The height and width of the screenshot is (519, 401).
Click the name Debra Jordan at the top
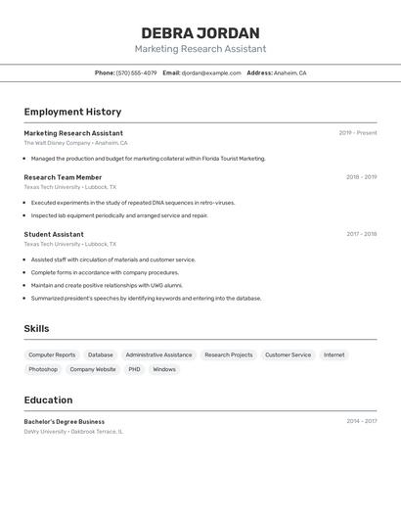200,32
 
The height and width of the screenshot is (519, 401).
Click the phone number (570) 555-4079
136,72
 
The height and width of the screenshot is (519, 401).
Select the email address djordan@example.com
210,72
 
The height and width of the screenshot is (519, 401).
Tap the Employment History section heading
72,112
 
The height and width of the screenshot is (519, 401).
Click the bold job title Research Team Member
63,177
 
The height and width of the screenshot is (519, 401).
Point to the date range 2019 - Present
357,132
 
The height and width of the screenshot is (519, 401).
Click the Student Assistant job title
54,234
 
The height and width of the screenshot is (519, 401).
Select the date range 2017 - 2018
361,234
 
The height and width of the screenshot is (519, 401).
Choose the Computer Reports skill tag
52,354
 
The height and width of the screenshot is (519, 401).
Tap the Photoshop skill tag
43,369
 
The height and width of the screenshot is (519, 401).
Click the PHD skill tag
134,369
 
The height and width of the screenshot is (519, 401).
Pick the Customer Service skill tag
288,354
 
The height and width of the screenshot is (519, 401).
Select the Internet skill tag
334,354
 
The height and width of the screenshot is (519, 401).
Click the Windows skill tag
164,369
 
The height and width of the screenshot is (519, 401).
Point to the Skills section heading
36,329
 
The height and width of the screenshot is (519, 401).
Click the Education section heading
48,400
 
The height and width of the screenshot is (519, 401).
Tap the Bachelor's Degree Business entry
64,421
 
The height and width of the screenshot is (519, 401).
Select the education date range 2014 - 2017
361,421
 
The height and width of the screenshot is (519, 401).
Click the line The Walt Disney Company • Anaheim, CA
75,143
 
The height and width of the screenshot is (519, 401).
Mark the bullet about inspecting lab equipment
119,215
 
